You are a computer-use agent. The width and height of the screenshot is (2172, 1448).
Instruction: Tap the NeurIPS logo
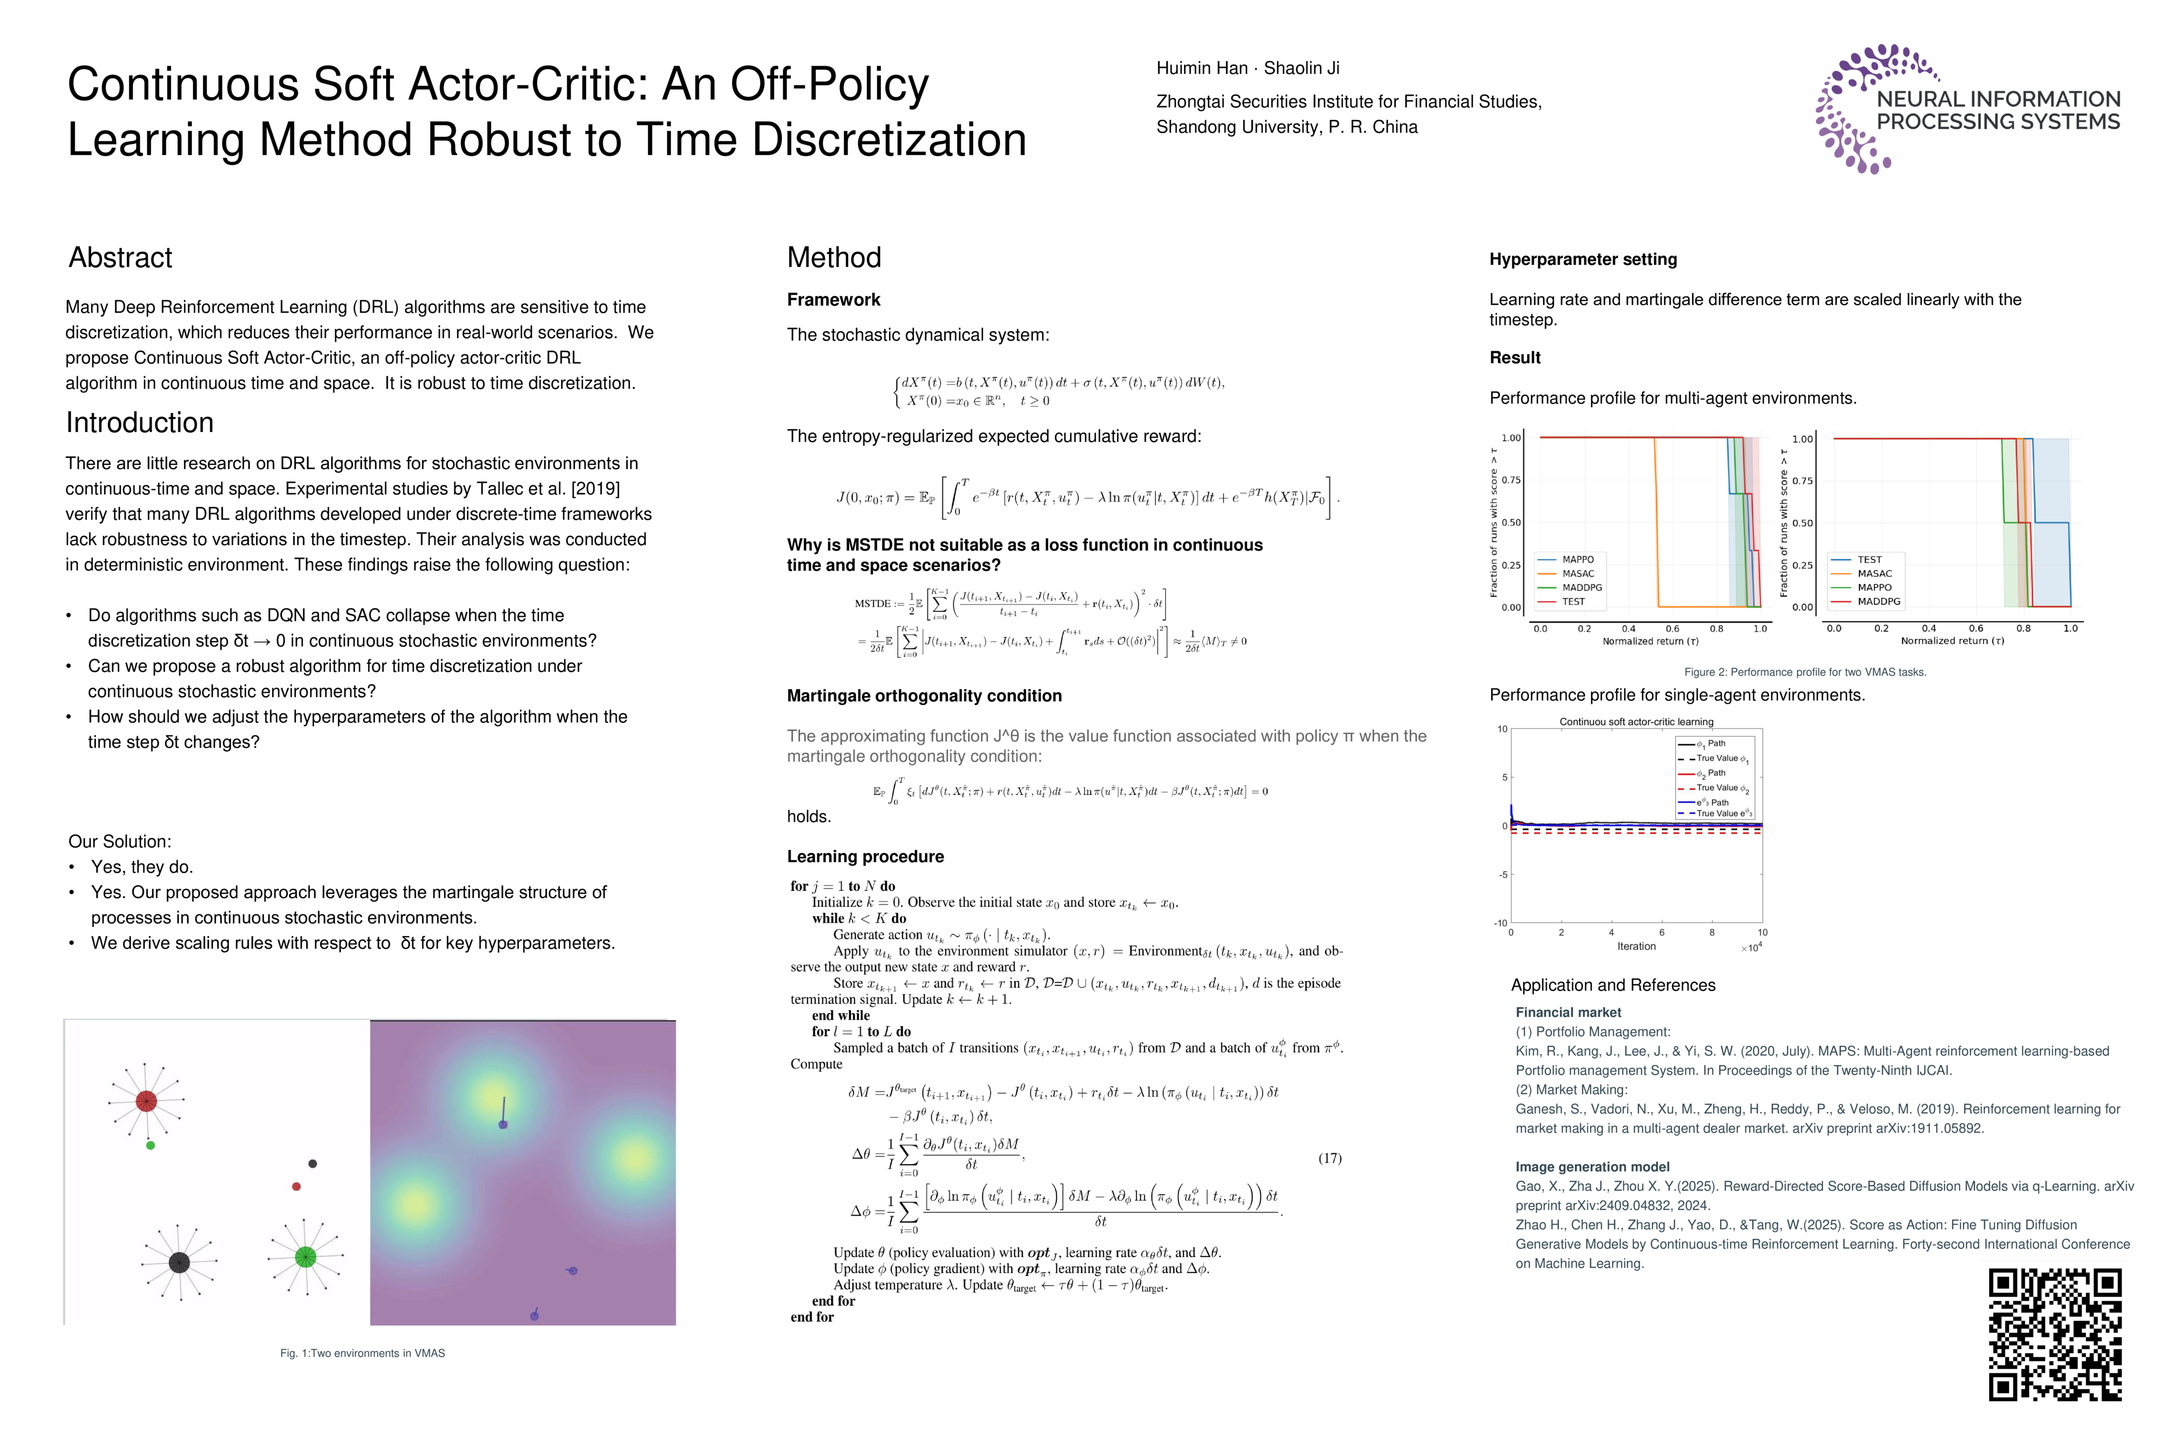click(x=1967, y=109)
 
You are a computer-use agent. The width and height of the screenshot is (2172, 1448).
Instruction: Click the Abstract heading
click(x=120, y=257)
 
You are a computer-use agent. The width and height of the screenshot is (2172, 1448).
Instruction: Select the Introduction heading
click(x=139, y=423)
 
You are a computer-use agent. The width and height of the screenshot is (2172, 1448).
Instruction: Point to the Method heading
click(x=834, y=257)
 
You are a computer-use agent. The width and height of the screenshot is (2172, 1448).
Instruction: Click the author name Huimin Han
click(x=1202, y=68)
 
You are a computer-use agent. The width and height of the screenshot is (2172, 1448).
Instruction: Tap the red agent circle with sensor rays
click(x=146, y=1101)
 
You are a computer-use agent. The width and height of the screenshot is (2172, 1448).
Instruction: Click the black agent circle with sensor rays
click(x=179, y=1262)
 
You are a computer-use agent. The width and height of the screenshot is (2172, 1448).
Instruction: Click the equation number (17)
click(x=1329, y=1158)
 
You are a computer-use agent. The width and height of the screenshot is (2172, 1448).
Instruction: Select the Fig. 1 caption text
click(x=362, y=1353)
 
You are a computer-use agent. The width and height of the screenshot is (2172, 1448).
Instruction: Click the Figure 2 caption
click(x=1804, y=672)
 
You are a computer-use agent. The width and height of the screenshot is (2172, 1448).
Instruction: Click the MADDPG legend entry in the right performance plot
click(x=1878, y=601)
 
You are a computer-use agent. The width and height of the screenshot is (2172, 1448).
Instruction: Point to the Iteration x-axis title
click(x=1637, y=947)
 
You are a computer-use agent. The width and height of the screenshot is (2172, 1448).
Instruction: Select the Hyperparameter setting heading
click(x=1583, y=259)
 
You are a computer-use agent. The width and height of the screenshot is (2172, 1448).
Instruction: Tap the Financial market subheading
click(x=1568, y=1012)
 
